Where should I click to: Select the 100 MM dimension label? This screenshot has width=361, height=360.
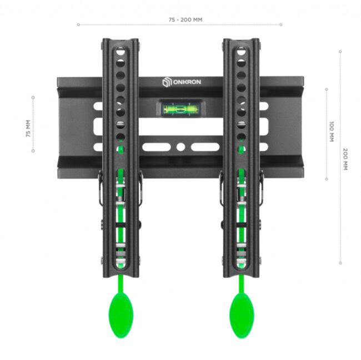332,131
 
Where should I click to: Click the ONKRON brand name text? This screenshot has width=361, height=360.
189,82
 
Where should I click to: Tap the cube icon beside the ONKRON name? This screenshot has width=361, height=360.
166,82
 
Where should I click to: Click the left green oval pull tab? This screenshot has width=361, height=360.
121,314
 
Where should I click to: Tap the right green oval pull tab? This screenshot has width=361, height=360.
242,314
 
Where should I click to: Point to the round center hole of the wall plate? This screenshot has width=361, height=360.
180,148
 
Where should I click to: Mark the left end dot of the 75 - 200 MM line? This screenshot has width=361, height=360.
78,24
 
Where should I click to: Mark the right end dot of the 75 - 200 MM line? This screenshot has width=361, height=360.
281,24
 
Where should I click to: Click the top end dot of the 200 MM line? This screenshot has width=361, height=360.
340,51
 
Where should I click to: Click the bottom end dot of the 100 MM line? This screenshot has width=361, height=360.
327,179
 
